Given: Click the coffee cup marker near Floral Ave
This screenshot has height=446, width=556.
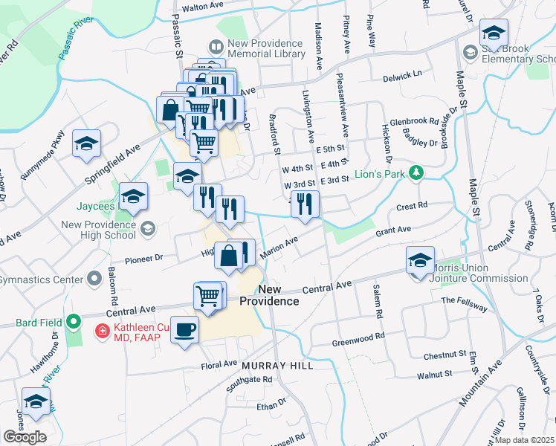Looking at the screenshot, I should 184,329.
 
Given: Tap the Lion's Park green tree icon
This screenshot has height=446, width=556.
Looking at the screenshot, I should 416,172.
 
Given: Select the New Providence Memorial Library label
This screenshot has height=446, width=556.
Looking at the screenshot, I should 265,48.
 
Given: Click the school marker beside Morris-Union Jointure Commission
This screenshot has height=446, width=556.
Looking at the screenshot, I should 420,261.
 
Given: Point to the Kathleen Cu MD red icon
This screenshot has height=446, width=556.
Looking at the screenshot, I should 103,330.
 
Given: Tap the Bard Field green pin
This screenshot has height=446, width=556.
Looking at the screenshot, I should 73,323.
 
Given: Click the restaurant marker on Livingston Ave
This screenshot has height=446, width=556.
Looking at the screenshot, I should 305,204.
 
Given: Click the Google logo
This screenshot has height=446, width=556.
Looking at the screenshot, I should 25,436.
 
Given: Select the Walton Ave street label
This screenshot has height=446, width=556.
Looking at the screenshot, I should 203,6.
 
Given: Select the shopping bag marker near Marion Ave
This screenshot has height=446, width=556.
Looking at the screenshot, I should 229,256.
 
